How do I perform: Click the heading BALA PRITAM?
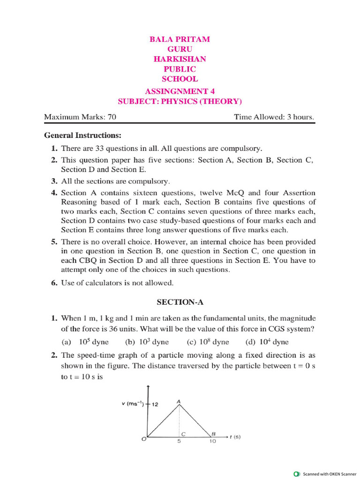pyautogui.click(x=180, y=39)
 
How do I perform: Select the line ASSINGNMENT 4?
pyautogui.click(x=180, y=91)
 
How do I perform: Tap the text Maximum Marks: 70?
pyautogui.click(x=80, y=117)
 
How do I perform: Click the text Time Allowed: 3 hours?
pyautogui.click(x=274, y=117)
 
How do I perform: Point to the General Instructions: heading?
pyautogui.click(x=82, y=135)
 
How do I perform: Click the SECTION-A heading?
pyautogui.click(x=180, y=302)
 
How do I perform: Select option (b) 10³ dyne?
pyautogui.click(x=147, y=342)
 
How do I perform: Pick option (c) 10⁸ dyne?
pyautogui.click(x=208, y=342)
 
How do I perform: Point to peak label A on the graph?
pyautogui.click(x=179, y=401)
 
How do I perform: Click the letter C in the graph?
pyautogui.click(x=184, y=435)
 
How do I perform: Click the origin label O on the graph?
pyautogui.click(x=144, y=439)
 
